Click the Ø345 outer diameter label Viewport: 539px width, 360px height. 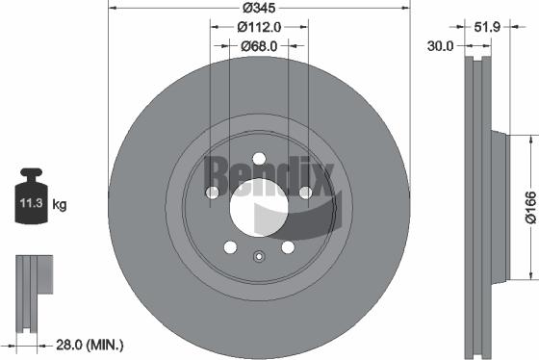pyautogui.click(x=259, y=8)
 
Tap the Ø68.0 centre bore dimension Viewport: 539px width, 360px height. pyautogui.click(x=258, y=45)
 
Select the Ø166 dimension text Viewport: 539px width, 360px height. pyautogui.click(x=528, y=205)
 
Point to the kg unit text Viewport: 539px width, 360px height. pyautogui.click(x=59, y=205)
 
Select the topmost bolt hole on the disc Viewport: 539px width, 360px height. pyautogui.click(x=259, y=160)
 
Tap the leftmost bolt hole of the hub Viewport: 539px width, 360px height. pyautogui.click(x=213, y=193)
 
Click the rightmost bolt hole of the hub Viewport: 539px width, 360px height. pyautogui.click(x=305, y=193)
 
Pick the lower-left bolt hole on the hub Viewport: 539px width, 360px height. pyautogui.click(x=230, y=248)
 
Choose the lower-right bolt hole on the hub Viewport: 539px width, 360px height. pyautogui.click(x=288, y=248)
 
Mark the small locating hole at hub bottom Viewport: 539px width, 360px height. pyautogui.click(x=259, y=256)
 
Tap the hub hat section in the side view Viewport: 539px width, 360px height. pyautogui.click(x=499, y=207)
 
